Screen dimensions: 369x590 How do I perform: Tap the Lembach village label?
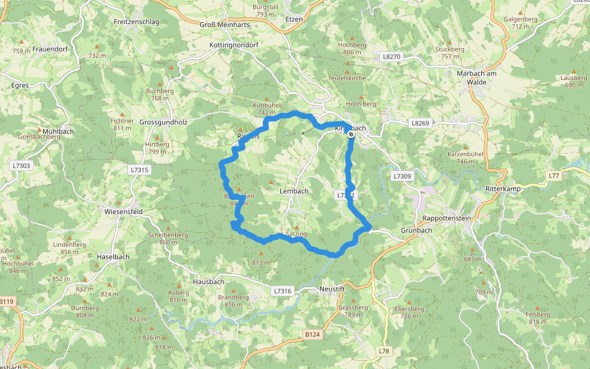(x=294, y=191)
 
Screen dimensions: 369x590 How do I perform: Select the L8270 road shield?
(x=391, y=56)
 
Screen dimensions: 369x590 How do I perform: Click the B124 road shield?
(x=312, y=334)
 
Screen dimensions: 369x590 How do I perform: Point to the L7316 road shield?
(x=282, y=290)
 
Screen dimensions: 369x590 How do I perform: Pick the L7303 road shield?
(x=20, y=165)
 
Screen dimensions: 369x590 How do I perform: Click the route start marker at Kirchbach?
(x=350, y=134)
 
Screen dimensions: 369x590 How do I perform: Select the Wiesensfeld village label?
(x=124, y=212)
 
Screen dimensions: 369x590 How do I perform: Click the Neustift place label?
(x=334, y=288)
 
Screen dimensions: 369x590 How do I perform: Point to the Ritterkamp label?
(x=503, y=189)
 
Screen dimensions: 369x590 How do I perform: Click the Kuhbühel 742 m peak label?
(x=267, y=109)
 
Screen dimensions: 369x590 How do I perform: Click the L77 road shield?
(x=554, y=176)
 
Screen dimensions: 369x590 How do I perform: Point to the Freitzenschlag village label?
(x=136, y=22)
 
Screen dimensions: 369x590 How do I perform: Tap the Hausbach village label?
(x=208, y=282)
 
